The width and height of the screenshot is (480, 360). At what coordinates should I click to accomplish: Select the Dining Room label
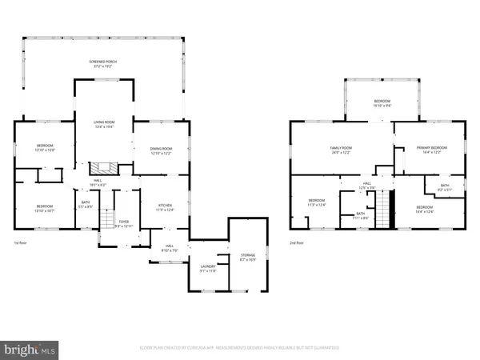click(162, 150)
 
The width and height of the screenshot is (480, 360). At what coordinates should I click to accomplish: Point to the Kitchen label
click(165, 208)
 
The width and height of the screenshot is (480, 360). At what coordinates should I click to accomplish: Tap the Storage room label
click(246, 258)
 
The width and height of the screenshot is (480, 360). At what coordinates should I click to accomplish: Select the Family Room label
click(342, 150)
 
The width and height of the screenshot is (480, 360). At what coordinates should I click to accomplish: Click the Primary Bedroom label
click(431, 150)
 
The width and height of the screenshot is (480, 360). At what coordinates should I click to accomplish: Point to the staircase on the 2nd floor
click(386, 210)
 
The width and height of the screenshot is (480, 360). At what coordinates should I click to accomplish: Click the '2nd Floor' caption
click(297, 242)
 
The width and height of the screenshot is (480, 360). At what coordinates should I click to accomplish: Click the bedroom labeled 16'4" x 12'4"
click(423, 210)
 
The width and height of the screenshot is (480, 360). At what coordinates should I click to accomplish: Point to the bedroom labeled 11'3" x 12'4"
click(317, 202)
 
